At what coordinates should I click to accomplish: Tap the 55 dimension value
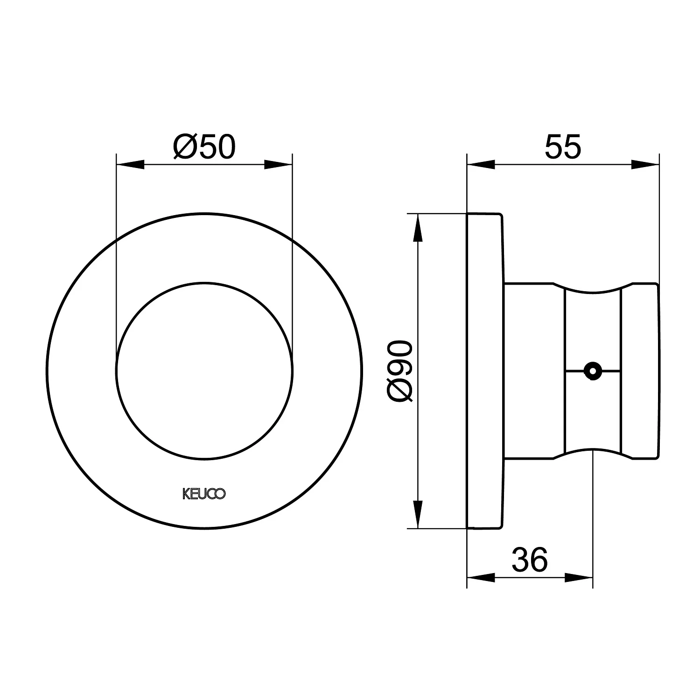[563, 147]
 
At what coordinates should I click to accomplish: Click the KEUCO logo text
[204, 494]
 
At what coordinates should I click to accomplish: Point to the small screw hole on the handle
[593, 371]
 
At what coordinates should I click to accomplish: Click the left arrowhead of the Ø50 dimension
[130, 164]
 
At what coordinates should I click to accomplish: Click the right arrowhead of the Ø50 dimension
[279, 164]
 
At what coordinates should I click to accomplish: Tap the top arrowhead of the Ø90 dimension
[418, 228]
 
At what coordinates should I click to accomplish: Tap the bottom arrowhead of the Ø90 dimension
[418, 514]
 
